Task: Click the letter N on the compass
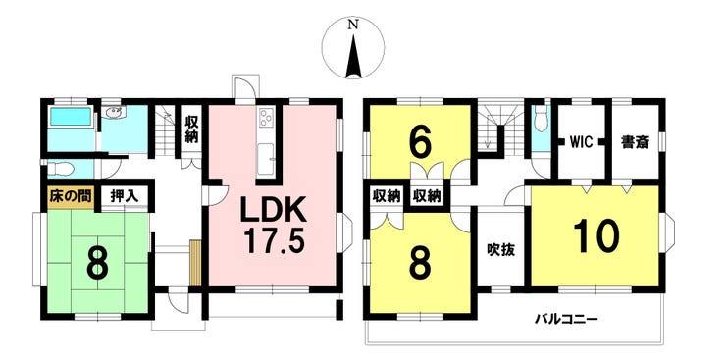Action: (x=353, y=26)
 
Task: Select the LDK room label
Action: (x=273, y=212)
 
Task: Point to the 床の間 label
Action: (x=71, y=196)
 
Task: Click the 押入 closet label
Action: (x=124, y=196)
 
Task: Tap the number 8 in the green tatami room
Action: (x=97, y=264)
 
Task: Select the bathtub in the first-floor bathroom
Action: (x=71, y=117)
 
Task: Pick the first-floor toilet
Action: (x=60, y=169)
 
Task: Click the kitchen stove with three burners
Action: (x=266, y=117)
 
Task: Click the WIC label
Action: (x=582, y=142)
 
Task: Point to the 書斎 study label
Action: (x=635, y=142)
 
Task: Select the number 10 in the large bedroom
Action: (x=596, y=236)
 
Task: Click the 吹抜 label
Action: (x=500, y=250)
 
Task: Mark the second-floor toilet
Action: (x=541, y=121)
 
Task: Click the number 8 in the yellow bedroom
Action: (x=420, y=264)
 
